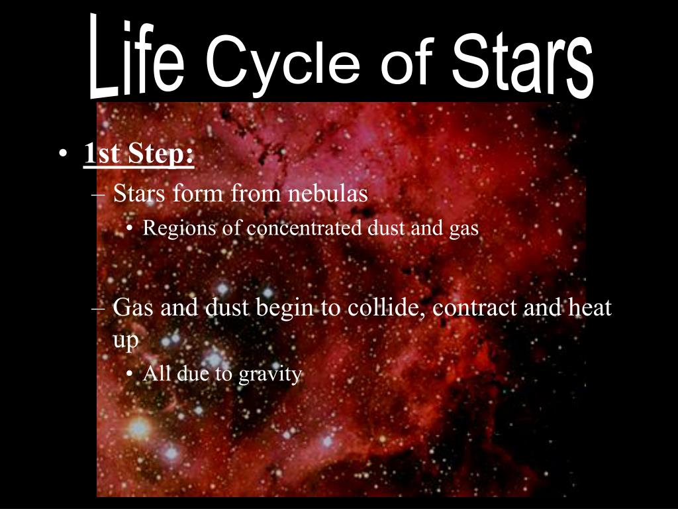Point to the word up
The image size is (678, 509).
[125, 341]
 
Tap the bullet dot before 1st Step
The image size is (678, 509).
[62, 156]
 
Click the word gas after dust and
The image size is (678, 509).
[464, 229]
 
